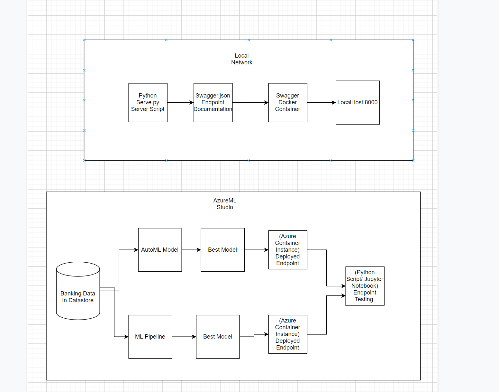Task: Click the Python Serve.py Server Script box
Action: point(148,102)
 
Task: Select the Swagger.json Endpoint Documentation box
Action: point(213,102)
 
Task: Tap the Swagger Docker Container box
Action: point(287,102)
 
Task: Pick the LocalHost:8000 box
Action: point(358,102)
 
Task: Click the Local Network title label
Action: point(242,59)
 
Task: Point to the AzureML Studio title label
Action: point(225,204)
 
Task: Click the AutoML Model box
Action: point(160,250)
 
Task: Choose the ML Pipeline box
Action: point(150,337)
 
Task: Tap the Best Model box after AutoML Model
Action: point(222,250)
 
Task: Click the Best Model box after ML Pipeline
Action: point(218,337)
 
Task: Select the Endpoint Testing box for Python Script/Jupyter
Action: point(365,286)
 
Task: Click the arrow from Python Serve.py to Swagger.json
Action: point(180,103)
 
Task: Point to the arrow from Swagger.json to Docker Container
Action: point(250,103)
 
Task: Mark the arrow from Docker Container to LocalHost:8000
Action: point(321,103)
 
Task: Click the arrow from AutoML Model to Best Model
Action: point(191,250)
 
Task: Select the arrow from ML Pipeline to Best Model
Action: point(184,337)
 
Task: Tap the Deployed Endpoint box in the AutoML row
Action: point(287,250)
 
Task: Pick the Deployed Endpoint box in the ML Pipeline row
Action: point(287,334)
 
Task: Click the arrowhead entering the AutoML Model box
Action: point(136,250)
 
